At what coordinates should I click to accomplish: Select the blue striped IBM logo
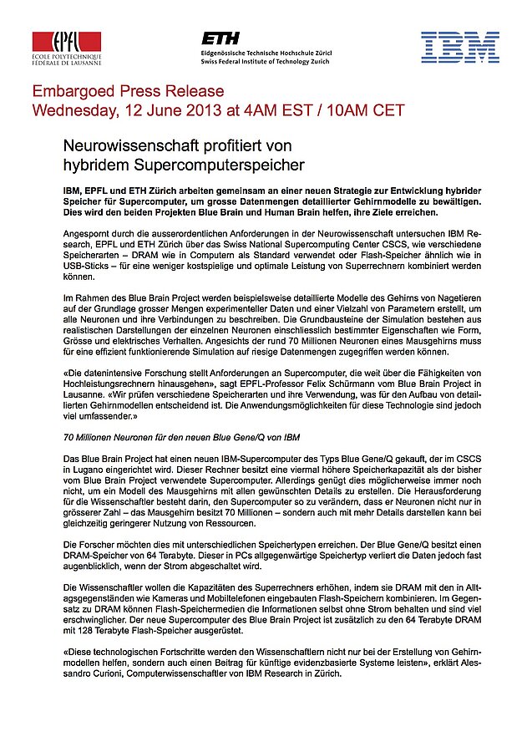(x=459, y=47)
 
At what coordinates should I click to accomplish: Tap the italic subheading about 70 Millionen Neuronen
(x=181, y=437)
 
